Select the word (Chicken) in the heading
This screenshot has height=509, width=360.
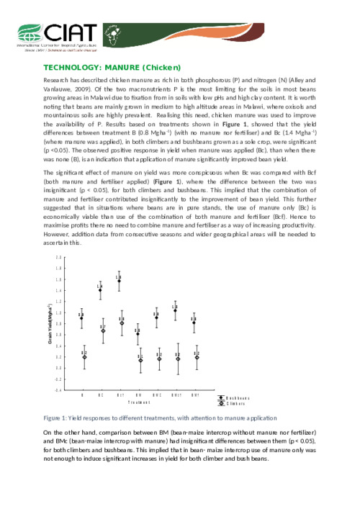[x=167, y=66]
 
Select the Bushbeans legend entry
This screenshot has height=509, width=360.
[x=237, y=397]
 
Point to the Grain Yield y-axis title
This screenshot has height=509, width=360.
[x=60, y=324]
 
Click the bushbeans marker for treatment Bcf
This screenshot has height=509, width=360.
[x=119, y=281]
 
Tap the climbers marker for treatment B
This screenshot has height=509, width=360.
[x=84, y=356]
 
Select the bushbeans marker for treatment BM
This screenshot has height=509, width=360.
[x=138, y=334]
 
